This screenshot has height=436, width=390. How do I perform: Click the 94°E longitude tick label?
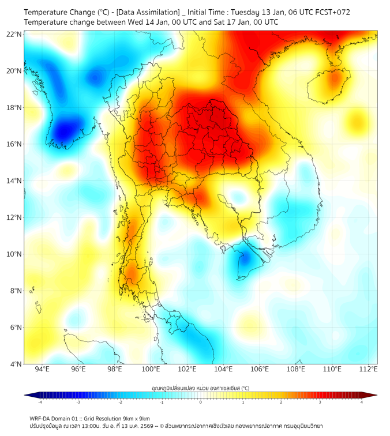pos(42,369)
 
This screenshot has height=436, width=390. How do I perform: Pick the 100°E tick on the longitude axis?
pos(151,369)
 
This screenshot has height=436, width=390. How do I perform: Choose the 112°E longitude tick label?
pos(369,369)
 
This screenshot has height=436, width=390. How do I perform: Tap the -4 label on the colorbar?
pos(40,403)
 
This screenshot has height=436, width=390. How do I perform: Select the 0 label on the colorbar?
pos(201,403)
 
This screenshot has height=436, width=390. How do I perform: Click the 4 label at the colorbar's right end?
pos(361,403)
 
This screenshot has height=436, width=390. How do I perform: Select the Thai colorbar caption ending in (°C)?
pos(200,388)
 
